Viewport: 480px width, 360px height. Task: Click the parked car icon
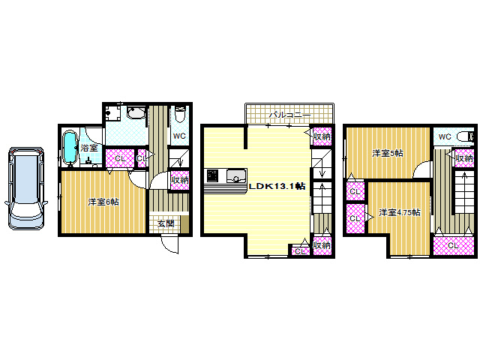tap(26, 188)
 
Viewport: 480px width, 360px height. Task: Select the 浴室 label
tap(89, 148)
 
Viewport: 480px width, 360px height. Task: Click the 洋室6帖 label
tap(103, 202)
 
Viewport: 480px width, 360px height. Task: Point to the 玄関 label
tap(166, 223)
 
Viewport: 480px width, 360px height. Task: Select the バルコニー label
tap(289, 115)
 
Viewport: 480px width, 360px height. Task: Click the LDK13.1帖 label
tap(277, 186)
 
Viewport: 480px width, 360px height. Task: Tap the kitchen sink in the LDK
tap(236, 176)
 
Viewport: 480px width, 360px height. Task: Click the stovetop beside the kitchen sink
tap(212, 176)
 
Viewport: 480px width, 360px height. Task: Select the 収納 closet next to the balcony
tap(322, 136)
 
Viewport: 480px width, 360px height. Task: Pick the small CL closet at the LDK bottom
tap(300, 251)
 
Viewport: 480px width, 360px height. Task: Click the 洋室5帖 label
tap(388, 153)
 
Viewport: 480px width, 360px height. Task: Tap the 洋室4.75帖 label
tap(400, 212)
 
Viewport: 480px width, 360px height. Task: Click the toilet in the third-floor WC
tap(465, 136)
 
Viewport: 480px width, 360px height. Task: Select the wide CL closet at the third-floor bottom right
tap(453, 245)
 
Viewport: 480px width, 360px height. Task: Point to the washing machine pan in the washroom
tap(112, 113)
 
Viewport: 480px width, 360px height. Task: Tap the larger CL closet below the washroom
tap(120, 158)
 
